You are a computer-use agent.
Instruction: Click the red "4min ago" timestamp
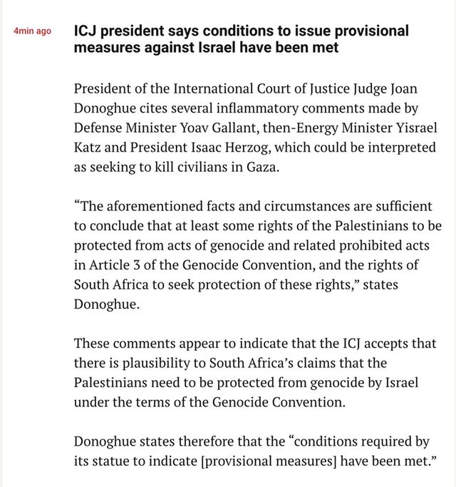click(32, 32)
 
